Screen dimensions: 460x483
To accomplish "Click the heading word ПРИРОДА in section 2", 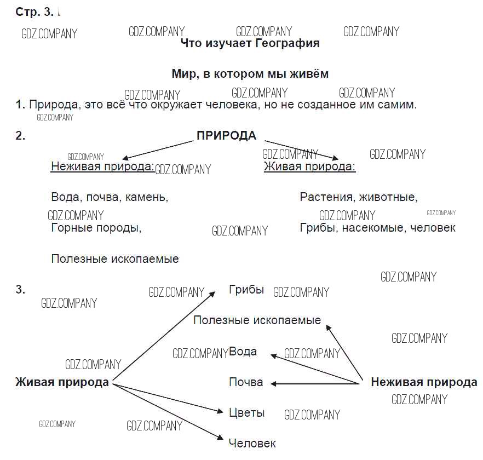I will pyautogui.click(x=226, y=136).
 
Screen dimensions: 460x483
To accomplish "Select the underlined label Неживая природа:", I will pyautogui.click(x=102, y=166).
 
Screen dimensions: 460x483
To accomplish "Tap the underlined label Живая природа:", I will pyautogui.click(x=309, y=166).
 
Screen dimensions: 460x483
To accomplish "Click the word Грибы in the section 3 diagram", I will pyautogui.click(x=246, y=290).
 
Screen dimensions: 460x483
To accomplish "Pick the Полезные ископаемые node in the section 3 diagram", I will pyautogui.click(x=257, y=320).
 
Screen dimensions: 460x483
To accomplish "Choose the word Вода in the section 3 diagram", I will pyautogui.click(x=243, y=352).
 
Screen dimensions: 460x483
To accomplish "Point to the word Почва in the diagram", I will pyautogui.click(x=245, y=382).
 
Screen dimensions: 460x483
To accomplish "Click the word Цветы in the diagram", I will pyautogui.click(x=246, y=412).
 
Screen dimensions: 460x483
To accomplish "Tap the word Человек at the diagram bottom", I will pyautogui.click(x=252, y=443).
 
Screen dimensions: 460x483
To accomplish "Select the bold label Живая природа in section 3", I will pyautogui.click(x=62, y=382).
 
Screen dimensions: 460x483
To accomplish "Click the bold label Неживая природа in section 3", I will pyautogui.click(x=424, y=382).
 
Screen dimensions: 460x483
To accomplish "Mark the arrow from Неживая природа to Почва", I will pyautogui.click(x=315, y=383).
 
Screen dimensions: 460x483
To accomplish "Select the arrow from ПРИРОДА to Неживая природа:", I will pyautogui.click(x=159, y=148).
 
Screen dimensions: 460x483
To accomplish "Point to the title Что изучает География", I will pyautogui.click(x=250, y=43).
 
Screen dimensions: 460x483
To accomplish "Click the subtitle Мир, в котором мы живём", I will pyautogui.click(x=250, y=74).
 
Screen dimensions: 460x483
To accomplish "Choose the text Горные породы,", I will pyautogui.click(x=96, y=228).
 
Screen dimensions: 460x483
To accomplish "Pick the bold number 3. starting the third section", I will pyautogui.click(x=21, y=290).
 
